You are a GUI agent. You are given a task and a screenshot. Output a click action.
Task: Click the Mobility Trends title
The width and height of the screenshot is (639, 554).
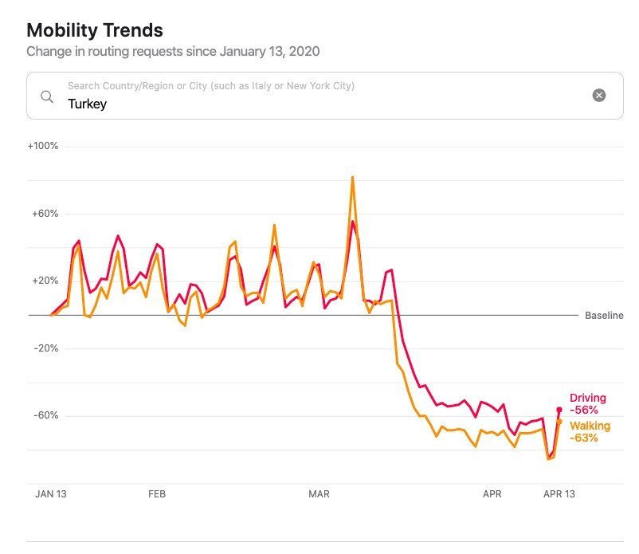[x=95, y=30]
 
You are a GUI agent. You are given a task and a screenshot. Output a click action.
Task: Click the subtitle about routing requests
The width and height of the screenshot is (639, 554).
[x=173, y=51]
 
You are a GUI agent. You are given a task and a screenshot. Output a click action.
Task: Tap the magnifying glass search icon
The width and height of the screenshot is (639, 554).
[x=48, y=96]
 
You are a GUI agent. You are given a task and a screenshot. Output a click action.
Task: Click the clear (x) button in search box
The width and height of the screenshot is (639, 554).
[x=599, y=96]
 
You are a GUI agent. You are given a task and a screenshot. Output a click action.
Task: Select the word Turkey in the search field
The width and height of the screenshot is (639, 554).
[x=88, y=104]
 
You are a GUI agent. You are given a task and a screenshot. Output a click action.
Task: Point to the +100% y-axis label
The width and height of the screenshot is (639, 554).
[x=43, y=147]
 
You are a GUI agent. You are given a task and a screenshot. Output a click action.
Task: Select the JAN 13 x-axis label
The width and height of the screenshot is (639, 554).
[x=51, y=494]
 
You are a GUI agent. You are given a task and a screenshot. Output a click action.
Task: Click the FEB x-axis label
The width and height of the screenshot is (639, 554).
[x=157, y=494]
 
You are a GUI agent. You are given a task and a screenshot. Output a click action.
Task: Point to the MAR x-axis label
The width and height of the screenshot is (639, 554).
[x=319, y=494]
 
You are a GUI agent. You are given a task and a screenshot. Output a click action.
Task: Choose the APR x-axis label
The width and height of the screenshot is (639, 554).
[x=492, y=494]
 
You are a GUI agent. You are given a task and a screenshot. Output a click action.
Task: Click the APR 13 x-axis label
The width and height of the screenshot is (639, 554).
[x=559, y=494]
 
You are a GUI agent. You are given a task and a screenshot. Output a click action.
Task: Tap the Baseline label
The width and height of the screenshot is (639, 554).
[x=604, y=316]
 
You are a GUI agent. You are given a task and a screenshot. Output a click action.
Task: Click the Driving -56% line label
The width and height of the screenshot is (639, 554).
[x=588, y=403]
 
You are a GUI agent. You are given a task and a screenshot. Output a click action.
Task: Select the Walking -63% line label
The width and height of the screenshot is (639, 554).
[x=590, y=431]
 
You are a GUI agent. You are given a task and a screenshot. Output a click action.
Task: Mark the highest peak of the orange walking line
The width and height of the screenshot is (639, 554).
[x=352, y=177]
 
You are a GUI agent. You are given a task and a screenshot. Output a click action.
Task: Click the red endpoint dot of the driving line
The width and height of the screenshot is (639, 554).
[x=559, y=409]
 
